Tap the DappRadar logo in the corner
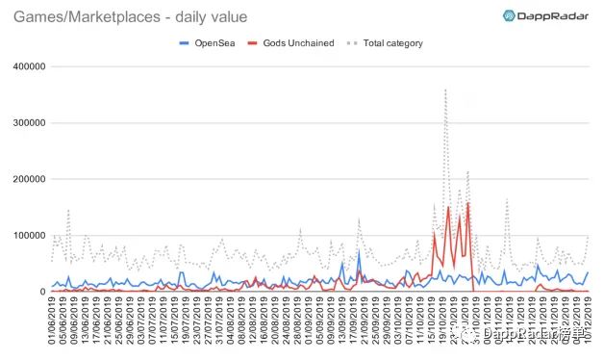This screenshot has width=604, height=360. (x=547, y=15)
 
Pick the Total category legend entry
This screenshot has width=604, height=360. (x=377, y=42)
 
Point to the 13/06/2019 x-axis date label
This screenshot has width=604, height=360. (x=87, y=325)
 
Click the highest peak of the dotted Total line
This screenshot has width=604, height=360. (x=445, y=90)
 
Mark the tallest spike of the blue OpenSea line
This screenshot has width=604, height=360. (x=359, y=252)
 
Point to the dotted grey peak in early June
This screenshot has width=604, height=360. (x=68, y=210)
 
